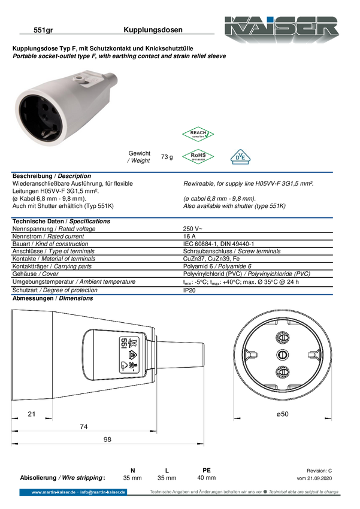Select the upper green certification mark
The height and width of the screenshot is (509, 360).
198,134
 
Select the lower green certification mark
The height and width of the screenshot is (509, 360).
198,156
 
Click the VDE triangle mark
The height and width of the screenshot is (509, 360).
240,157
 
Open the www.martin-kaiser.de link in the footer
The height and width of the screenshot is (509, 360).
53,492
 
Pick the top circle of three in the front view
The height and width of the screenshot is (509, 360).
281,338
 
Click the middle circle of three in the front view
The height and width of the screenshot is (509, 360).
281,355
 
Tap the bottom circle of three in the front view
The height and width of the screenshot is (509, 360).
281,371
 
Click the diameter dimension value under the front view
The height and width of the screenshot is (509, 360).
282,413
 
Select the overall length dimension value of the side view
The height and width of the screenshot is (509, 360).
107,440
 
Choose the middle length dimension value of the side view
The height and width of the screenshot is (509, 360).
84,426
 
